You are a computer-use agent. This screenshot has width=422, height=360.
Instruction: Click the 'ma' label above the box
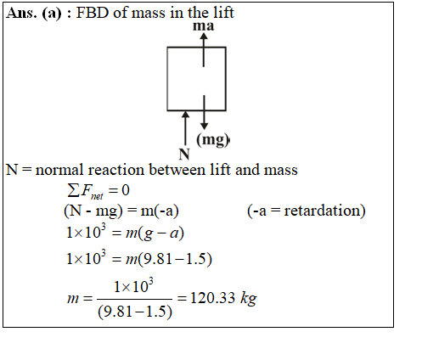(203, 26)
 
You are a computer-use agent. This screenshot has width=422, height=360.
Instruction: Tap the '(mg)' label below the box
(212, 139)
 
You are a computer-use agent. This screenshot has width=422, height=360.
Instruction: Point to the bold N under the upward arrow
(184, 155)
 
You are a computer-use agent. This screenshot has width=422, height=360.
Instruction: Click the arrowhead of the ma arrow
(204, 36)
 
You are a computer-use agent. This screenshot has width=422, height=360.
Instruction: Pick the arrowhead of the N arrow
(185, 114)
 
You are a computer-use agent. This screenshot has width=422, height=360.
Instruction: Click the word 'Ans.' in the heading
(21, 13)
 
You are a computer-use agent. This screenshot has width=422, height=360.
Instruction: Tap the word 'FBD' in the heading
(93, 13)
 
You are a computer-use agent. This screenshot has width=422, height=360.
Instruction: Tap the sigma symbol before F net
(73, 190)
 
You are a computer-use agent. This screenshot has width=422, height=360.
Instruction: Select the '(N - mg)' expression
(93, 211)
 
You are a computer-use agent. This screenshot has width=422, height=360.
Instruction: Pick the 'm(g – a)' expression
(155, 233)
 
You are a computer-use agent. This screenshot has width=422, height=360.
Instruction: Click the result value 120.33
(212, 298)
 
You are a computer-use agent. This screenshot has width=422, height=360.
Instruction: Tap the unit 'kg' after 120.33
(249, 299)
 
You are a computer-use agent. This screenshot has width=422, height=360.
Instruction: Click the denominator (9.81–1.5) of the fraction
(135, 312)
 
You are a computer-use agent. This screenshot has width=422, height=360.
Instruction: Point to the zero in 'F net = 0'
(126, 190)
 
